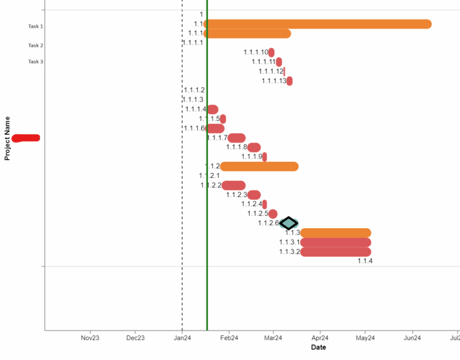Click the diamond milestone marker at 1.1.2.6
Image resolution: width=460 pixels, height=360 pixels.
289,223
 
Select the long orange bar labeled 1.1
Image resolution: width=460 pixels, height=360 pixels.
318,24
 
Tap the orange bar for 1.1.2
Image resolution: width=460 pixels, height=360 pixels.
259,167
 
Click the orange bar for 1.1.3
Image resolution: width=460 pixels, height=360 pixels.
335,233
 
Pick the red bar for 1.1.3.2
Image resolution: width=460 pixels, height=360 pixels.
335,252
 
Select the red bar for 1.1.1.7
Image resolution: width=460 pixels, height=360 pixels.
237,138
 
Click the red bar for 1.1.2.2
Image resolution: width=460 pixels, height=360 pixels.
234,186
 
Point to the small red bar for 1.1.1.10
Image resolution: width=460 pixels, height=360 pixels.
271,53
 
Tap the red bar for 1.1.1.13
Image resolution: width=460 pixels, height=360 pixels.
289,81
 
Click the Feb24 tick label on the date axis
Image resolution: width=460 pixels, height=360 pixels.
229,338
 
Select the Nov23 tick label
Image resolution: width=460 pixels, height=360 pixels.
90,338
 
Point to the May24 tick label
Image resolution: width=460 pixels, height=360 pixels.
365,338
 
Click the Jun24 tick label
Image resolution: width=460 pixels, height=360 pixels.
412,338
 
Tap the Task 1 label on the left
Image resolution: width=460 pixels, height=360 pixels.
35,26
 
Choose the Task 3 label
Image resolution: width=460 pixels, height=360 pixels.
35,62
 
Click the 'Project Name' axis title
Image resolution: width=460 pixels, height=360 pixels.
8,138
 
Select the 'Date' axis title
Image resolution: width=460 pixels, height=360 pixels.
319,347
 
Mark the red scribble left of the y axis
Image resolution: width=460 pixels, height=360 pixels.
26,138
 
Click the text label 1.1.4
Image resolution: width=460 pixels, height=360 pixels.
365,261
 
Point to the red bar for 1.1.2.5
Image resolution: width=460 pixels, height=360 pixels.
273,214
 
